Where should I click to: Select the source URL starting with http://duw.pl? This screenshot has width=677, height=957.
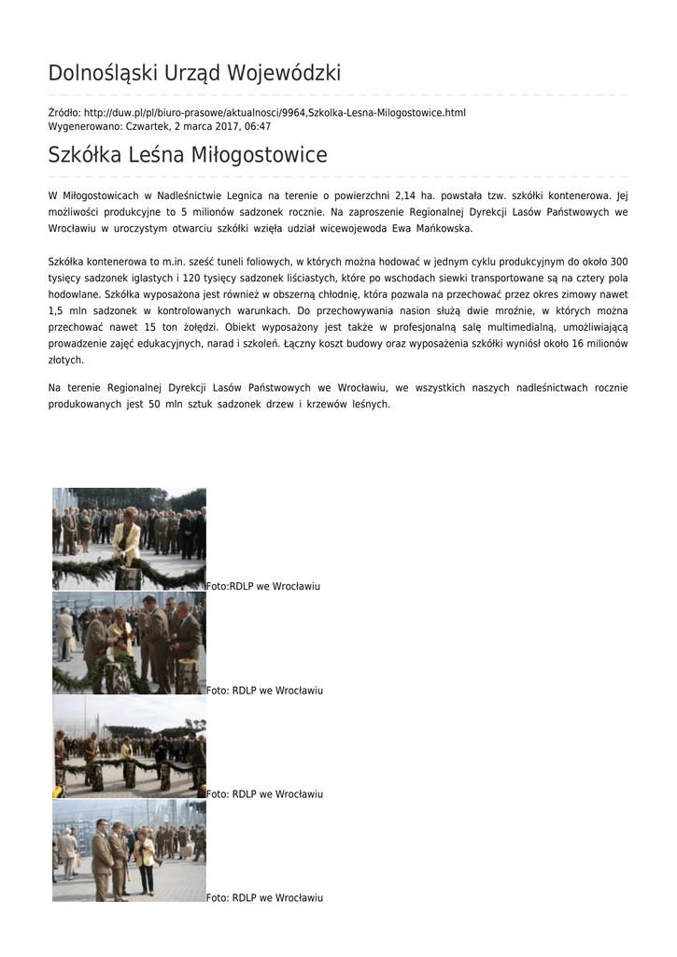275,113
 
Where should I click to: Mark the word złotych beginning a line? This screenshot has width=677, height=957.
65,360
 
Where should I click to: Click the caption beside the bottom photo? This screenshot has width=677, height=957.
264,898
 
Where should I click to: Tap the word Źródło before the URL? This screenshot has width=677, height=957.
63,113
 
